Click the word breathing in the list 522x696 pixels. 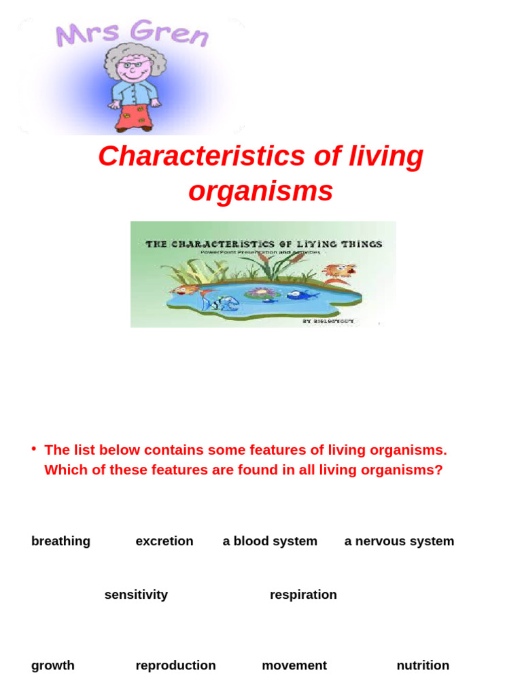pos(60,541)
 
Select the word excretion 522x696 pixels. pos(164,541)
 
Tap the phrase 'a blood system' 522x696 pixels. pos(270,541)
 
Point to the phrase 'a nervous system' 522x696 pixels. pos(399,541)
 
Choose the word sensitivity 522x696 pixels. pos(136,595)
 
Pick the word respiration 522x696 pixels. pos(303,595)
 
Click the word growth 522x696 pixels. pos(53,665)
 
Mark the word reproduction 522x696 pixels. pos(175,665)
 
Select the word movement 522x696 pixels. pos(294,665)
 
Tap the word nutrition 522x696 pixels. pos(423,665)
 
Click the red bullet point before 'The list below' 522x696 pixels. pos(33,449)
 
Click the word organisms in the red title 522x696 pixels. pos(260,192)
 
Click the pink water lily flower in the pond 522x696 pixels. pos(258,293)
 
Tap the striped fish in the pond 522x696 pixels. pos(219,301)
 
